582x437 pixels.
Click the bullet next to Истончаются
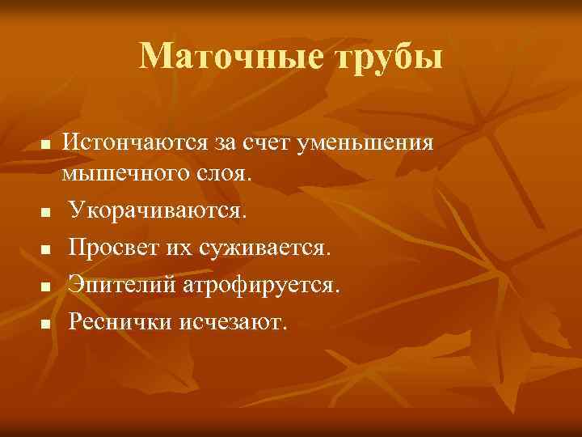point(46,146)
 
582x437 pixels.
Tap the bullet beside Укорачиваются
point(46,214)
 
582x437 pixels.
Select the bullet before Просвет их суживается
point(46,251)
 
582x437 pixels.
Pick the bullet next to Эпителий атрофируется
point(46,288)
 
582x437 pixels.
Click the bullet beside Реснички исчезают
point(46,325)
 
